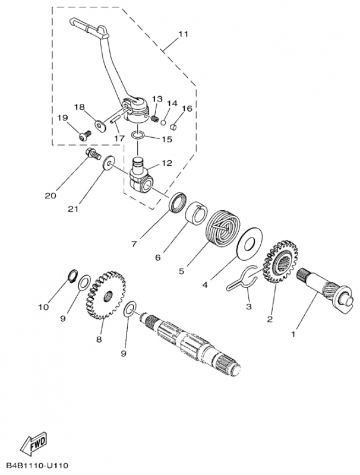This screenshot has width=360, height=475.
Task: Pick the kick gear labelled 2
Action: tap(279, 261)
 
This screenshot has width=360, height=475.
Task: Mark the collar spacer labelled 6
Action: tap(199, 215)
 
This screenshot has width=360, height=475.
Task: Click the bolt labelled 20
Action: tap(91, 156)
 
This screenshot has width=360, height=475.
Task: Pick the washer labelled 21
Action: tap(110, 163)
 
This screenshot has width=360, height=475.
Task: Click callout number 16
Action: tap(188, 109)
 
